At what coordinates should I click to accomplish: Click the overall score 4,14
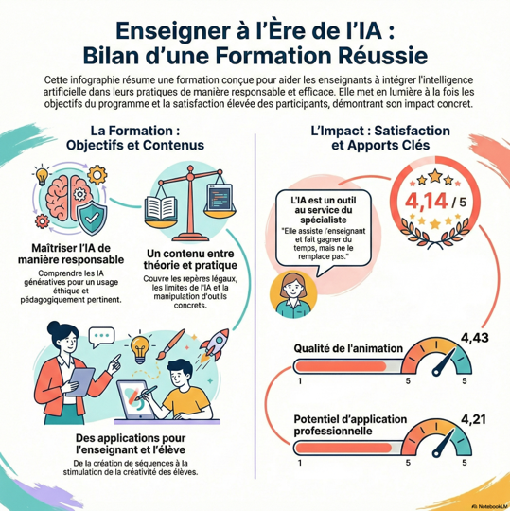(426, 201)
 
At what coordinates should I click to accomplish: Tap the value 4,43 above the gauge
(474, 338)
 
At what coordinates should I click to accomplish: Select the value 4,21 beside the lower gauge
(473, 419)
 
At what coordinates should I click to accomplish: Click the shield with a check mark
(92, 218)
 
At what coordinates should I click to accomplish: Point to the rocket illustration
(215, 344)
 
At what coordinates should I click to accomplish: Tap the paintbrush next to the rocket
(170, 344)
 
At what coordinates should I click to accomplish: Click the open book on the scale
(161, 208)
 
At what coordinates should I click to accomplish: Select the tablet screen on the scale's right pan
(220, 198)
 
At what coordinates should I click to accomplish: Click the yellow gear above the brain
(97, 175)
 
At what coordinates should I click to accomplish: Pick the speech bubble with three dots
(101, 337)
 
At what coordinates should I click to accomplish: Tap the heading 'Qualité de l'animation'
(348, 348)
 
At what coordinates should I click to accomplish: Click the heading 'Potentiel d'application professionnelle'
(350, 425)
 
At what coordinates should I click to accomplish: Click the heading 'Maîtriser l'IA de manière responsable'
(71, 254)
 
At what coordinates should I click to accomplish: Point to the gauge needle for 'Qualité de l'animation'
(444, 362)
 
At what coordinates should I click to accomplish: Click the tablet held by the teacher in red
(80, 381)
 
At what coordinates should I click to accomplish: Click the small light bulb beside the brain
(42, 176)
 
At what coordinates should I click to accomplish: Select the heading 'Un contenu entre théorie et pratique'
(190, 259)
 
